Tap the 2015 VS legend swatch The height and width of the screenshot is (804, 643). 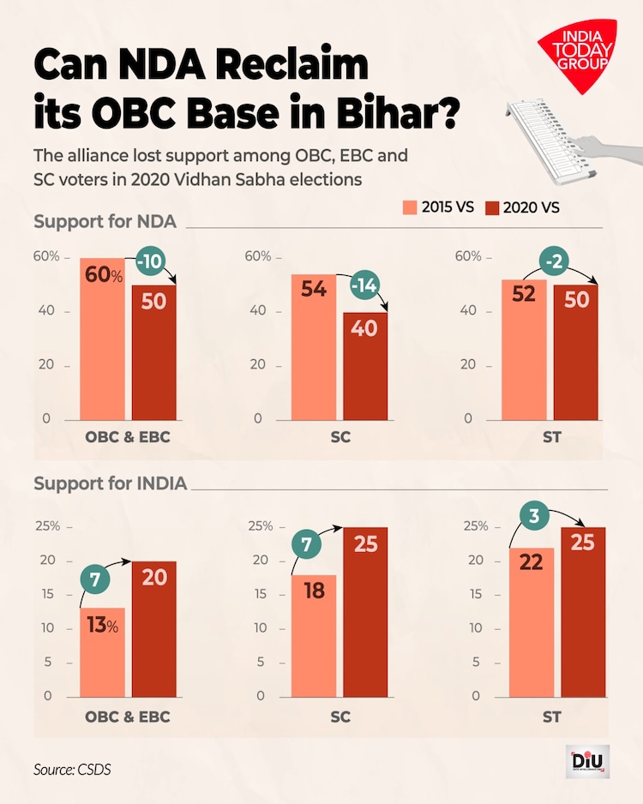coord(410,207)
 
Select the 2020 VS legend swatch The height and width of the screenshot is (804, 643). coord(492,207)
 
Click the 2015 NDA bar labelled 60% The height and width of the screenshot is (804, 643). coord(103,339)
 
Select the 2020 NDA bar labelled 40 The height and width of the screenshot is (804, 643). coord(365,366)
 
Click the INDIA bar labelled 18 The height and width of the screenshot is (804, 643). coord(314,635)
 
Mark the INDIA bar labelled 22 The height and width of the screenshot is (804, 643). coord(524,621)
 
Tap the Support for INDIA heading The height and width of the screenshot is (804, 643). coord(110,483)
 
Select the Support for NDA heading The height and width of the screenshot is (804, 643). coord(105,222)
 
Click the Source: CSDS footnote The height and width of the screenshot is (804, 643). coord(72,769)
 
